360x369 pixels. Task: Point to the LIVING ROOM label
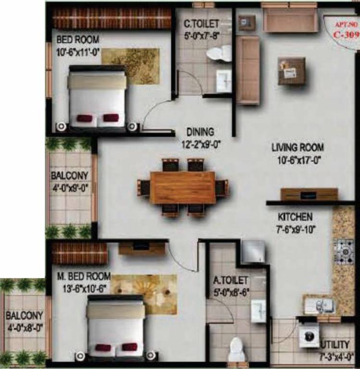(298, 148)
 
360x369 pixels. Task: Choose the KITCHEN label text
(295, 217)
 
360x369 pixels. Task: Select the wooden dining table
(183, 187)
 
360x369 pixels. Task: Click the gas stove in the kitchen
(344, 248)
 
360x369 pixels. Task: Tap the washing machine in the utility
(309, 336)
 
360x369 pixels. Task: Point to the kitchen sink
(320, 305)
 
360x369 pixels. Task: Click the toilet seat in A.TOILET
(236, 349)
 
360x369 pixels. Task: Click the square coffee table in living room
(291, 71)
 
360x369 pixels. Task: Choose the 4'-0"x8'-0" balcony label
(24, 321)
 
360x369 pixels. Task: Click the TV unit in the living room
(309, 194)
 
